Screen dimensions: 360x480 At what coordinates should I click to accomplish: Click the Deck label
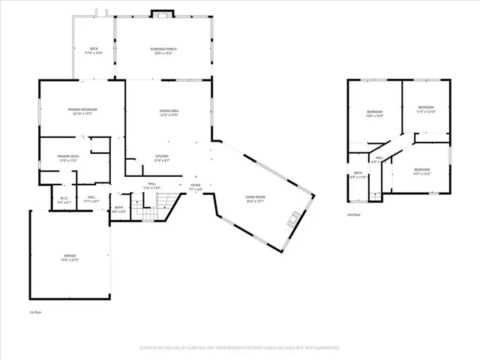click(x=94, y=50)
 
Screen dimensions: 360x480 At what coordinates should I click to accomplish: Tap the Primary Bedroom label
click(x=82, y=111)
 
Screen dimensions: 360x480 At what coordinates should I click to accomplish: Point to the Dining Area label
click(x=169, y=112)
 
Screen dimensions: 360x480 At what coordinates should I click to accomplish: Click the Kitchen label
click(x=162, y=158)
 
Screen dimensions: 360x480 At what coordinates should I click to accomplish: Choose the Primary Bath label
click(x=67, y=158)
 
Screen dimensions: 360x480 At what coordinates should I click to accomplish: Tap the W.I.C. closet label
click(x=65, y=199)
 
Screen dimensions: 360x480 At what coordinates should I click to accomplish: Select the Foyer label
click(x=196, y=187)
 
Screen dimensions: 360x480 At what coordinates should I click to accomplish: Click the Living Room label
click(x=255, y=199)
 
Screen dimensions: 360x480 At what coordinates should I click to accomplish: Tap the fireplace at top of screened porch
click(x=162, y=13)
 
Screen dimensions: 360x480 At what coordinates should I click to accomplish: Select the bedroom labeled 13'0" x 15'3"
click(x=374, y=113)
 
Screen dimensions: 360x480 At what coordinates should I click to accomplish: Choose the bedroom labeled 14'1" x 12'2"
click(x=423, y=171)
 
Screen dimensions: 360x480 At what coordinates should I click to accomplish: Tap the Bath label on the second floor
click(x=358, y=175)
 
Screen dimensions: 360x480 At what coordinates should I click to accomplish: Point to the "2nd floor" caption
click(x=353, y=214)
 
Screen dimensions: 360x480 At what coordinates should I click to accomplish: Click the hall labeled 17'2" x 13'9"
click(x=151, y=185)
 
